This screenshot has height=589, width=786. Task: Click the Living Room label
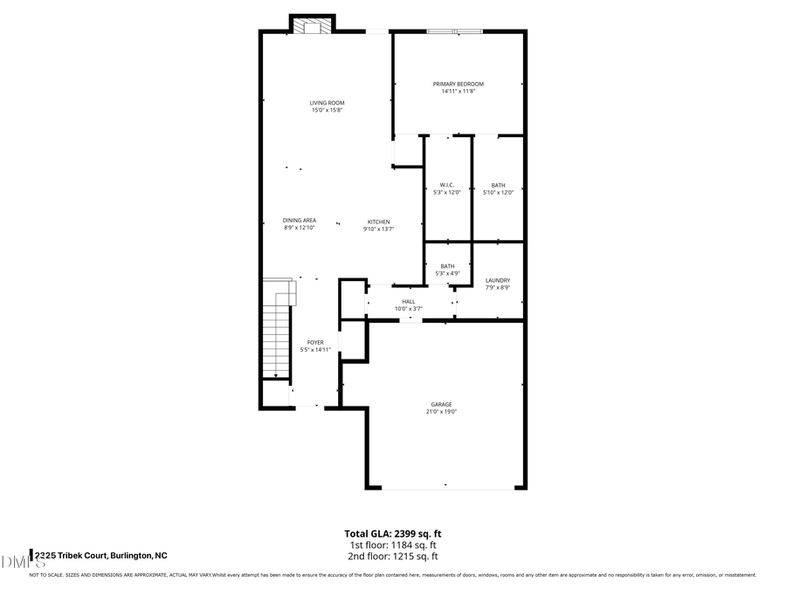coord(327,103)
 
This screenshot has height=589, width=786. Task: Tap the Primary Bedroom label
coord(458,84)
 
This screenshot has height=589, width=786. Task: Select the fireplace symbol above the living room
coord(312,26)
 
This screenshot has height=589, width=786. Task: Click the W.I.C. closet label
coord(445,185)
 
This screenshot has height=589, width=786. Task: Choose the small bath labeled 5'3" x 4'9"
coord(447,270)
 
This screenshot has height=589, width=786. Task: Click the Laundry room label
coord(498,280)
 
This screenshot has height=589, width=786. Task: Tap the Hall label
coord(408,301)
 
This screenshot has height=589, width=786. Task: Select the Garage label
coord(441,404)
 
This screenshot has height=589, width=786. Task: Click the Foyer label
coord(315,342)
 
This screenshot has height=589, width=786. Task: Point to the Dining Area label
coord(299,220)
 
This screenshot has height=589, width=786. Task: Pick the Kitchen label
coord(378,222)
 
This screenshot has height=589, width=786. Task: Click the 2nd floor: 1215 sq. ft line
coord(392,556)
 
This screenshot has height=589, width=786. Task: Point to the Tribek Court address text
coord(100,555)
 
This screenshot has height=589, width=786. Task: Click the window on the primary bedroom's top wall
coord(454,32)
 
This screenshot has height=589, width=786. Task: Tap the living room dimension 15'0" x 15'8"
coord(327,110)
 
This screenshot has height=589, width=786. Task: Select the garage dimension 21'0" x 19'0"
coord(441,411)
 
